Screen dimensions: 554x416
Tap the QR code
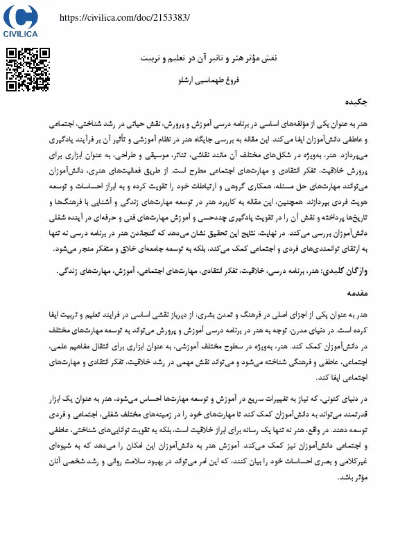point(28,69)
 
